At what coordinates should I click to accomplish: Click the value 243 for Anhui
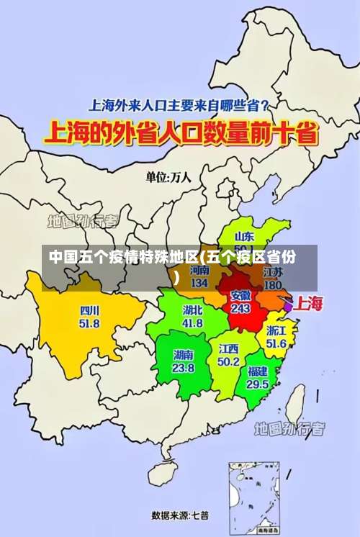240,308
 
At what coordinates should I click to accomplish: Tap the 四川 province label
90,311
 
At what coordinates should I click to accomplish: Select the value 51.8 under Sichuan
89,323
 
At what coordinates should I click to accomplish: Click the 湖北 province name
192,311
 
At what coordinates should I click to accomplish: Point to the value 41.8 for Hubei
192,323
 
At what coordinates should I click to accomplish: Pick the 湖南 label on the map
183,355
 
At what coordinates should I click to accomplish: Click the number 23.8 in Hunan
183,367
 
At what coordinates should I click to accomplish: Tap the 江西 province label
228,349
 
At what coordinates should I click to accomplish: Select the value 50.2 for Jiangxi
228,361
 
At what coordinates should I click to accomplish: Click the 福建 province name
258,371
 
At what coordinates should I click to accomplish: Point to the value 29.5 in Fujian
258,384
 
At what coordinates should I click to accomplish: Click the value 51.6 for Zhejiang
276,344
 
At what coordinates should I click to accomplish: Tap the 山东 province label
245,236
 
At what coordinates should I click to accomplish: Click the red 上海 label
310,303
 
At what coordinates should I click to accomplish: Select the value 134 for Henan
200,283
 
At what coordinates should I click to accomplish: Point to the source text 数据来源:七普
180,515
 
